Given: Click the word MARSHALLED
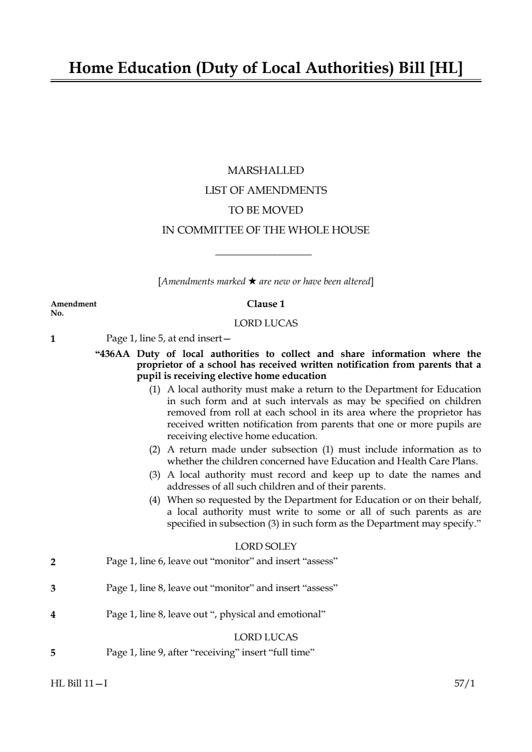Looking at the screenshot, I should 265,171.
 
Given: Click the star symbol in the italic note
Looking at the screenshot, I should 252,281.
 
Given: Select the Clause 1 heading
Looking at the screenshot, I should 266,304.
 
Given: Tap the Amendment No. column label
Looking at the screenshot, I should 73,308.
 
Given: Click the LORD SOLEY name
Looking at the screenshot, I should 266,546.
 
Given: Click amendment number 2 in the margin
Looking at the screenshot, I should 53,563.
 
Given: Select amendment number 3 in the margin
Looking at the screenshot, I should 53,588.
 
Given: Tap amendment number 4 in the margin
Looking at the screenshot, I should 53,615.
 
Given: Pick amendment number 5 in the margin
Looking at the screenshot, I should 53,653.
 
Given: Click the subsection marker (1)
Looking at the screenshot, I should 155,389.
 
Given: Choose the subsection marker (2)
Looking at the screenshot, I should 155,450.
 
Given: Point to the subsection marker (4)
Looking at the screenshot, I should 155,500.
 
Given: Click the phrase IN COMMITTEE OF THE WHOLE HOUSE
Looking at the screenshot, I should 266,230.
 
